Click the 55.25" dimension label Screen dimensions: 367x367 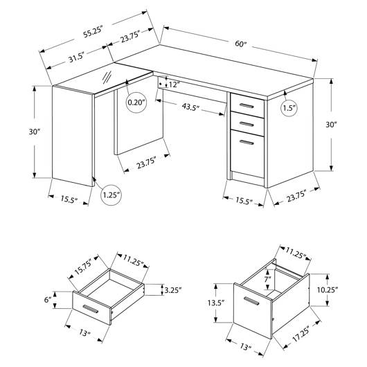tap(93, 33)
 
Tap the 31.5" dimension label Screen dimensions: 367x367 tap(76, 57)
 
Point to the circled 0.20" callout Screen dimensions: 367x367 tap(136, 102)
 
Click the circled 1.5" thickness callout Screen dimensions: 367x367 tap(289, 108)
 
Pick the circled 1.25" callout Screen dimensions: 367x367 tap(111, 195)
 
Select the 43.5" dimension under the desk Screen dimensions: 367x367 tap(190, 107)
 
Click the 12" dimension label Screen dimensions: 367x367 tap(174, 84)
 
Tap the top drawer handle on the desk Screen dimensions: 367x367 tap(247, 106)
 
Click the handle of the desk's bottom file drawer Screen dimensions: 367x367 tap(247, 143)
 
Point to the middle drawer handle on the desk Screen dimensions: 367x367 tap(247, 124)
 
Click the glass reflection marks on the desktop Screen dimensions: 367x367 tap(107, 78)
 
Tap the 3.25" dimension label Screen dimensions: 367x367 tap(173, 290)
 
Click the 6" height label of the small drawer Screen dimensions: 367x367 tap(48, 299)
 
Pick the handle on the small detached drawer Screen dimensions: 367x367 tap(90, 309)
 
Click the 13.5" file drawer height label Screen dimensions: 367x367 tap(216, 303)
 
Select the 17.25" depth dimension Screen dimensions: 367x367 tap(301, 334)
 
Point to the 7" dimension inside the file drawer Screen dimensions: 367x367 tap(267, 279)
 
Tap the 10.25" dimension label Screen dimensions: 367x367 tap(328, 289)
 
